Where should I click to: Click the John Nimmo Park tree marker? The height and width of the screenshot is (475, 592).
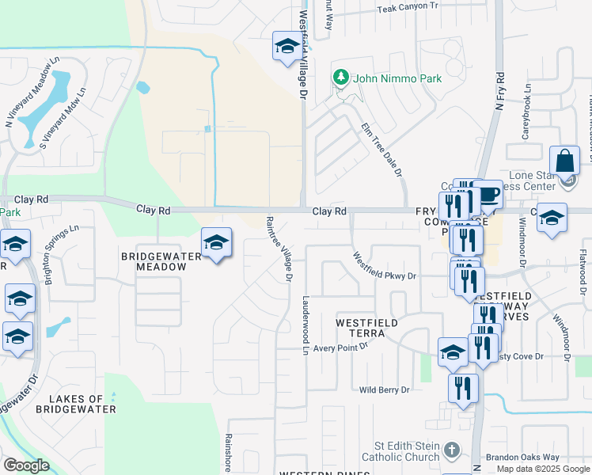coord(341,78)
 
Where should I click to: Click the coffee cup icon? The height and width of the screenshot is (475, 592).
coord(488,195)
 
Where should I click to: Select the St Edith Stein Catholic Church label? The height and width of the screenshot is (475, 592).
coord(400,451)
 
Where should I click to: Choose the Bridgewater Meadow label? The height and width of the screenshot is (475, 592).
coord(154,262)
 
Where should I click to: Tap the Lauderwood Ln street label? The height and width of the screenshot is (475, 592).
coord(305,325)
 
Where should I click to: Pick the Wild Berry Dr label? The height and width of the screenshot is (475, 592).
coord(385,390)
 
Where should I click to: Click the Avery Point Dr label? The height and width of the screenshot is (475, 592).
coord(340,348)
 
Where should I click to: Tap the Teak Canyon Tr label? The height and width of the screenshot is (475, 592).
coord(408,6)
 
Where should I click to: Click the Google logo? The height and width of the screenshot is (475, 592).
coord(26,465)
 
